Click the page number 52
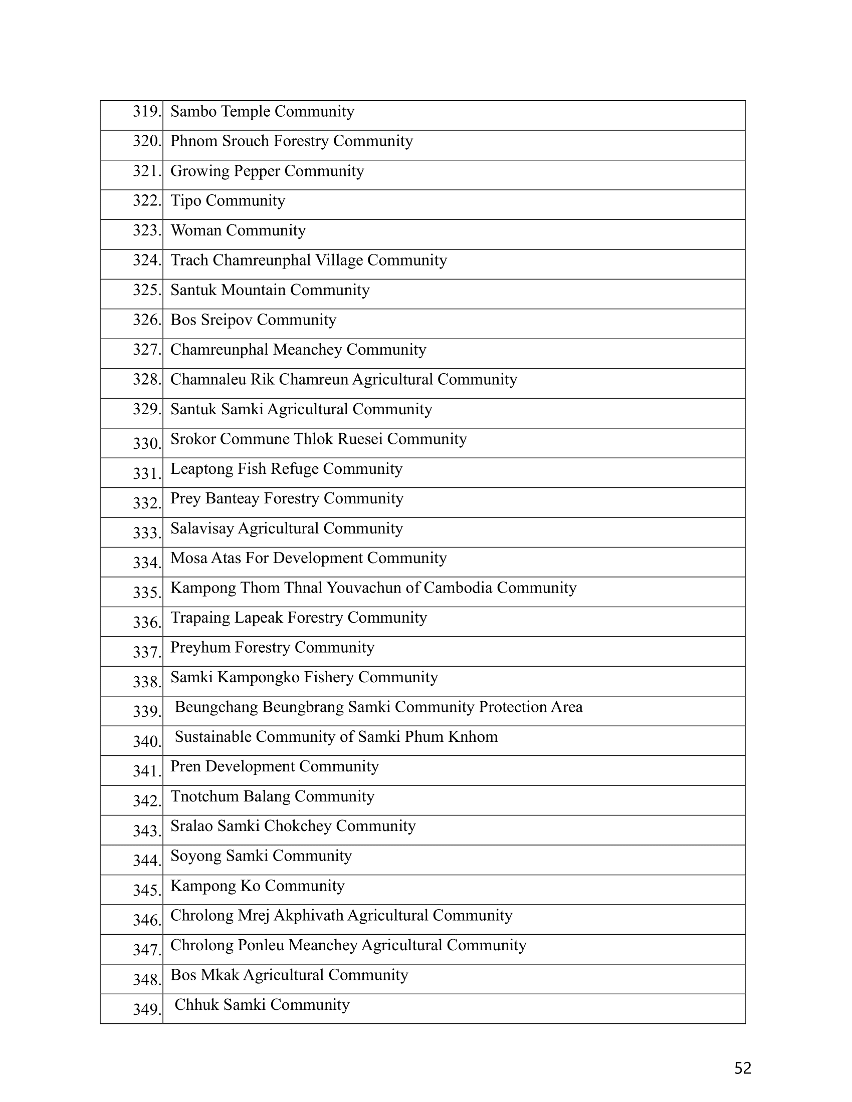coord(742,1068)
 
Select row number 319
coord(146,112)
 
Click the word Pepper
coord(257,171)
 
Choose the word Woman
coord(196,230)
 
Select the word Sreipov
coord(227,320)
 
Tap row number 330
coord(146,443)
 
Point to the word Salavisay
coord(202,528)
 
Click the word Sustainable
coord(212,737)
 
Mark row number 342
coord(146,801)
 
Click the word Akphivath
coord(308,915)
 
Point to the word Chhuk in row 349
coord(197,1005)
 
